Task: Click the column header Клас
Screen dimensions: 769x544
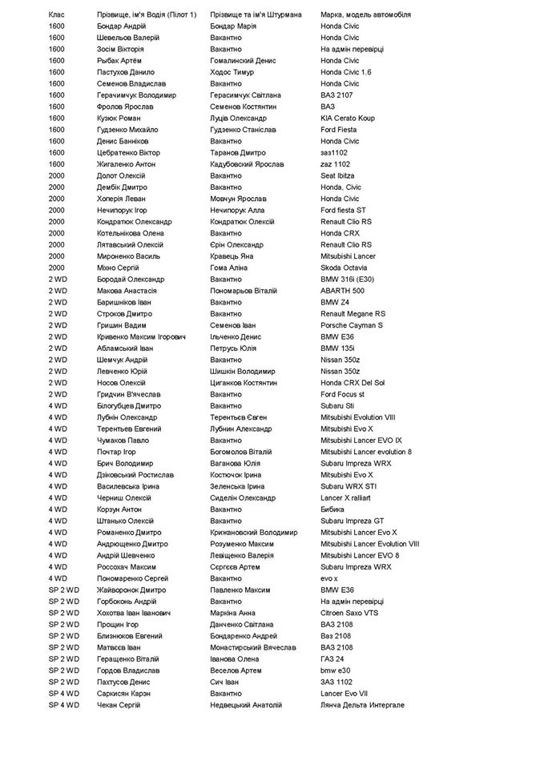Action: point(58,14)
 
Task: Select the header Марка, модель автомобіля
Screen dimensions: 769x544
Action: point(365,14)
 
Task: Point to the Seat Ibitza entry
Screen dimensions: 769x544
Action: point(337,175)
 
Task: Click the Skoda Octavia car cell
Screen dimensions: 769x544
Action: point(344,268)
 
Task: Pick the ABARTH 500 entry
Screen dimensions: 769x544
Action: point(342,291)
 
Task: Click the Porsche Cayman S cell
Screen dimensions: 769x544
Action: point(352,325)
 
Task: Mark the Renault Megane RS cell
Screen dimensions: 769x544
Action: point(353,314)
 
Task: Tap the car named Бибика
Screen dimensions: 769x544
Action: point(334,509)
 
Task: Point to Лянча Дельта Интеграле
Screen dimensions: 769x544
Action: point(362,705)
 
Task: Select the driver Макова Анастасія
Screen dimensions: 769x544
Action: point(127,291)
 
